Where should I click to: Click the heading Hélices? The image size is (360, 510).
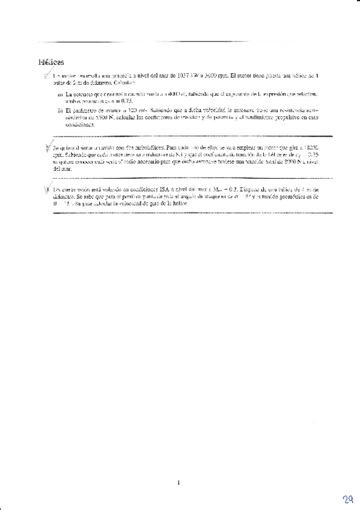51,62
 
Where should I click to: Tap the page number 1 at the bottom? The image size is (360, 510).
179,481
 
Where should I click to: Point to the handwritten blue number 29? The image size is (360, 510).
347,500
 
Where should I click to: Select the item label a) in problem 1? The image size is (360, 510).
60,94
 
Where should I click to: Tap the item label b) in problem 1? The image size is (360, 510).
60,111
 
